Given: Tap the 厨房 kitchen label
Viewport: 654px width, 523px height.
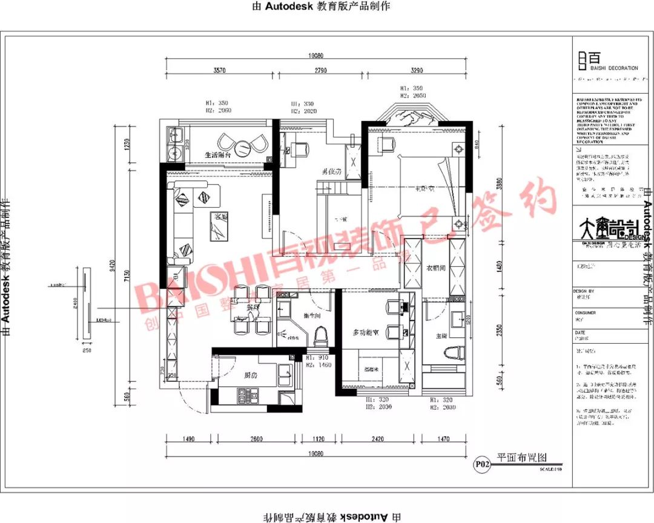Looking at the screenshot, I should (251, 375).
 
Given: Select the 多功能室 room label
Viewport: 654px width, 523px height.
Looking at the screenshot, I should (366, 332).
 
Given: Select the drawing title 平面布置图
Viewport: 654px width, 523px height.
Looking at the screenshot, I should (521, 458).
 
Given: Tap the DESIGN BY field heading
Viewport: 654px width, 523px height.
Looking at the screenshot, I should (584, 291).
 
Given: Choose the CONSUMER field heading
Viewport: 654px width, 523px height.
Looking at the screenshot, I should (585, 313).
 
